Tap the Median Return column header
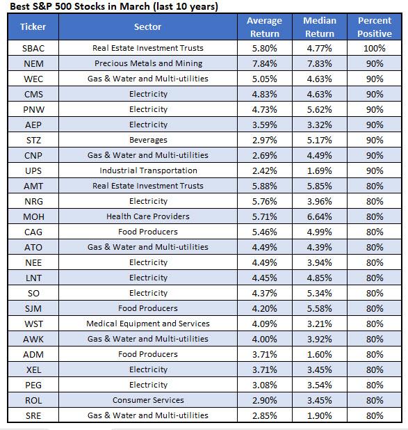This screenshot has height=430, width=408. click(319, 27)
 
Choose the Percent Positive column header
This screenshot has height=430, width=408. click(375, 27)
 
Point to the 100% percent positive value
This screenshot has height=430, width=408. click(375, 48)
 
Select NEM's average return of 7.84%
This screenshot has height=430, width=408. click(264, 63)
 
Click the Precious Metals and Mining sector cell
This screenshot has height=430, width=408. click(147, 63)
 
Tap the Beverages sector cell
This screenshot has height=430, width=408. click(147, 140)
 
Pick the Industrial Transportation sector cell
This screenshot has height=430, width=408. click(147, 170)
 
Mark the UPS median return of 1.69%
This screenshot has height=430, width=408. click(319, 170)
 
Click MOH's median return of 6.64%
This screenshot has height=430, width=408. click(319, 216)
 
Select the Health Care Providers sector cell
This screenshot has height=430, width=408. click(147, 216)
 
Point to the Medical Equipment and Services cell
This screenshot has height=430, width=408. click(147, 324)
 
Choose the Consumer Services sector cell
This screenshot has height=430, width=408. click(147, 400)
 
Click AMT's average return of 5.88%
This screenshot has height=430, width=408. click(264, 186)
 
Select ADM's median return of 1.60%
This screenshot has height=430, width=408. click(319, 354)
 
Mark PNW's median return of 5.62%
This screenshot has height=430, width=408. click(319, 109)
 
